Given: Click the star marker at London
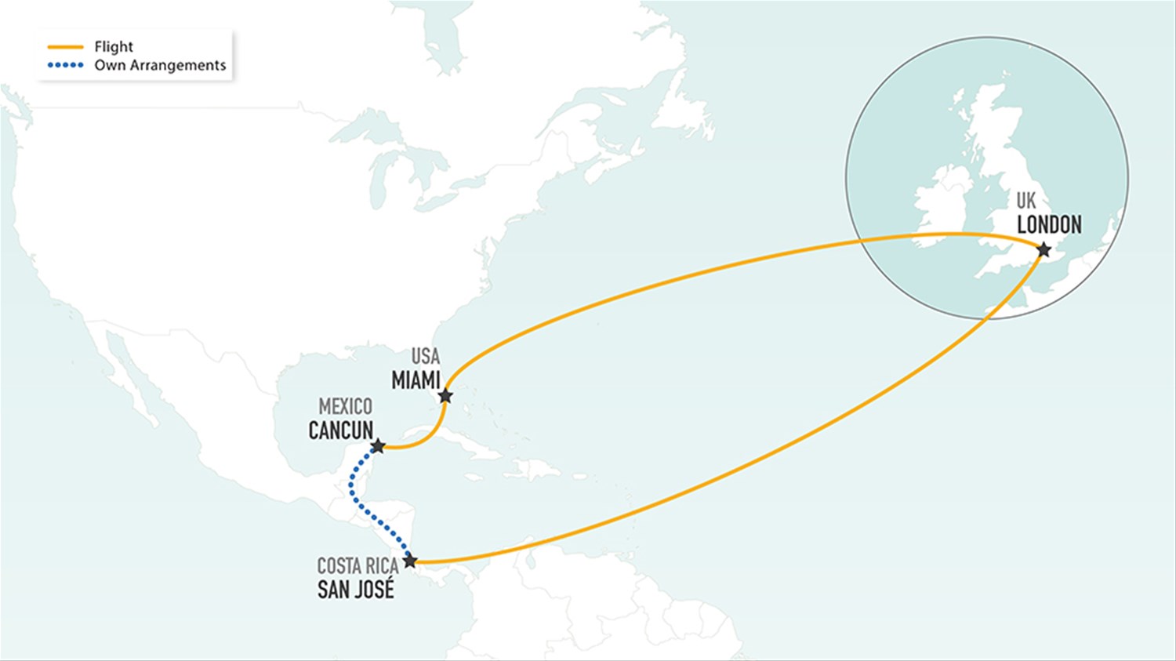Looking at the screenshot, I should pyautogui.click(x=1044, y=250).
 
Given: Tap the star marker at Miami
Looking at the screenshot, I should pyautogui.click(x=445, y=396).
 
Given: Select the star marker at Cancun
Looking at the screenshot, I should pyautogui.click(x=377, y=446).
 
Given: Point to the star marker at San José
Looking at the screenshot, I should pyautogui.click(x=410, y=561).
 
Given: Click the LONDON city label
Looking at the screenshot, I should pyautogui.click(x=1049, y=225).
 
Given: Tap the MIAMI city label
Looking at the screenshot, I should pyautogui.click(x=416, y=380).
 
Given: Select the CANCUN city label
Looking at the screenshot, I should pyautogui.click(x=341, y=430).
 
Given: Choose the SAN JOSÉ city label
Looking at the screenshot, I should pyautogui.click(x=356, y=590).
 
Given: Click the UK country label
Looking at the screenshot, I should pyautogui.click(x=1025, y=201).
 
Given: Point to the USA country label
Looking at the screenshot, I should pyautogui.click(x=426, y=356).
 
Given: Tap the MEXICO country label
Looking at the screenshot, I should pyautogui.click(x=345, y=406).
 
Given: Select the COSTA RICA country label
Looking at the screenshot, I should pyautogui.click(x=358, y=565).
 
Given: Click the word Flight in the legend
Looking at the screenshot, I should pyautogui.click(x=114, y=47).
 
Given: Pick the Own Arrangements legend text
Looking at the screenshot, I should pyautogui.click(x=160, y=65).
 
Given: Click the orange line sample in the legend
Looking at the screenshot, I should pyautogui.click(x=65, y=47).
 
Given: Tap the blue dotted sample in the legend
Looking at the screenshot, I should pyautogui.click(x=65, y=65).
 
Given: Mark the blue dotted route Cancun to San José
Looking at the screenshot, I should pyautogui.click(x=354, y=494).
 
